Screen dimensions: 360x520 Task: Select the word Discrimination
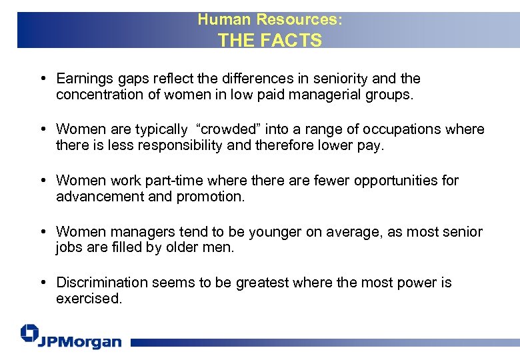click(102, 283)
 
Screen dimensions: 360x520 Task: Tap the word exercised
click(87, 299)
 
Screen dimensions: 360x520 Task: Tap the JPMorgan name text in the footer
click(79, 342)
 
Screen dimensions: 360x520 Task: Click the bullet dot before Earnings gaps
click(42, 79)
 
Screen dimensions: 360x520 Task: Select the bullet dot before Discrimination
click(42, 283)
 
